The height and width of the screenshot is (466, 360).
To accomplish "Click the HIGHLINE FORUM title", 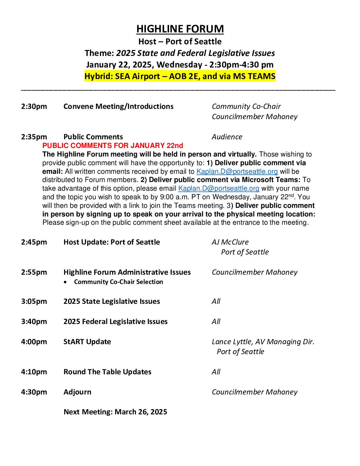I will pos(180,29).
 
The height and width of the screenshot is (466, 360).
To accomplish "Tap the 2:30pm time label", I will pos(34,107).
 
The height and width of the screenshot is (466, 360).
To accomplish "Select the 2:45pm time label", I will pos(34,242).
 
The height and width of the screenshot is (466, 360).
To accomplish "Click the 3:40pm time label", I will pos(34,322).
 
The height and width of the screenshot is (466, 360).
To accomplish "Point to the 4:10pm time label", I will pos(34,372).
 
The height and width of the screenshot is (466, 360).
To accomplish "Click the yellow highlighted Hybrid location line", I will pos(180,76).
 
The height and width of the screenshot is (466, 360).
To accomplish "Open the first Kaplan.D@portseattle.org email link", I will pos(237,171).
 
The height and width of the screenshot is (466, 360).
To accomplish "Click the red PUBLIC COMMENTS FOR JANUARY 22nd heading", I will pos(112,146).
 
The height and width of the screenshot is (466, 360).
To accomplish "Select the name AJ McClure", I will pos(230,242).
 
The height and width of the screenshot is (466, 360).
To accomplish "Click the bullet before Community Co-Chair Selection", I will pos(67,282).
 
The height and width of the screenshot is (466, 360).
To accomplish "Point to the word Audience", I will pos(227,137).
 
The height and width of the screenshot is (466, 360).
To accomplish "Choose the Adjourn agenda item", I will pos(77,392).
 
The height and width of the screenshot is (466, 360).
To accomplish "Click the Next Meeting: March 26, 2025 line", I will pos(115,412).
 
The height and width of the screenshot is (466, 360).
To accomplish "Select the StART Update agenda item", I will pos(87,342).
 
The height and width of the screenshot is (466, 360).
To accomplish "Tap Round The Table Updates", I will pos(107,372).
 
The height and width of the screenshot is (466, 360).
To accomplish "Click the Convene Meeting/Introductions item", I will pos(118,107).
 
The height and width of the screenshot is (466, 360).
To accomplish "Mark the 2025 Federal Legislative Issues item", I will pos(115,322).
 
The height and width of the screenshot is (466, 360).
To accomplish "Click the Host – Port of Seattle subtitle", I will pos(180,42).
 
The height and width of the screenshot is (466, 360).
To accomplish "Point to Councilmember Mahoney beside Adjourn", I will pos(254,392).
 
